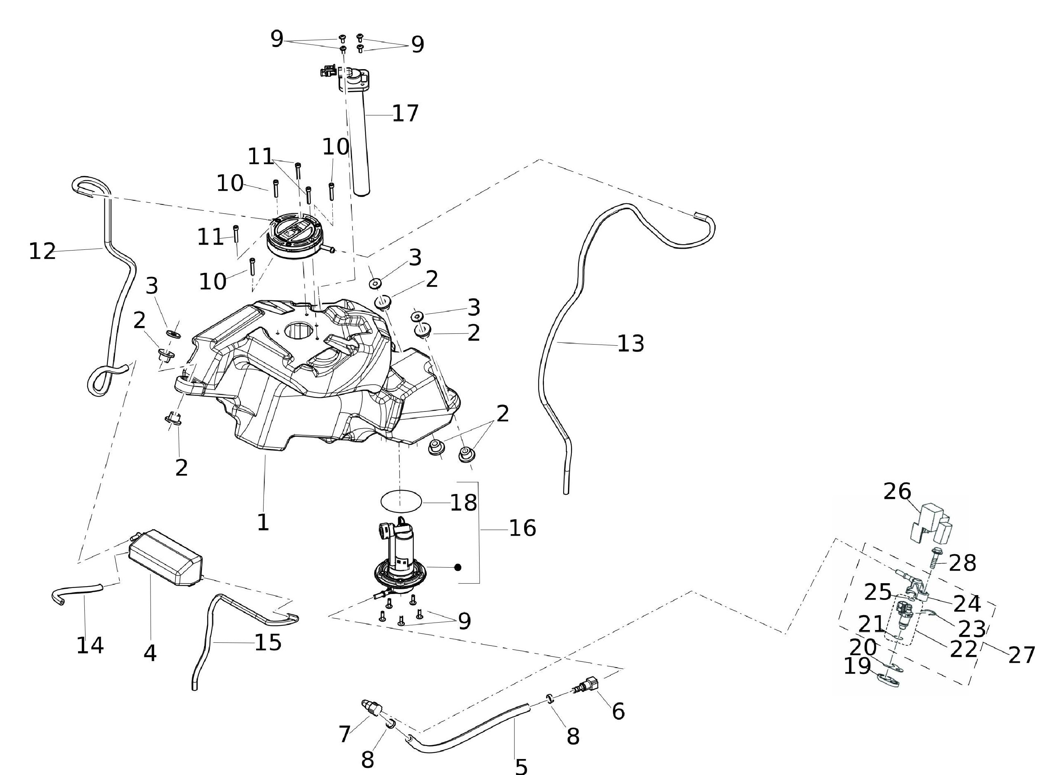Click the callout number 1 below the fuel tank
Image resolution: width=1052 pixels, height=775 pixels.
[263, 523]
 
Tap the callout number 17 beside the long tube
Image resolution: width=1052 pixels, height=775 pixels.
[405, 113]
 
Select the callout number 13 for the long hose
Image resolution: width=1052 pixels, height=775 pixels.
[630, 344]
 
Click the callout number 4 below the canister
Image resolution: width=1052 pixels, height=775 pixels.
[150, 653]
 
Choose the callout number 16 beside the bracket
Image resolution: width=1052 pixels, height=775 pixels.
[522, 529]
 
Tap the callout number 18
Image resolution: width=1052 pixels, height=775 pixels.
[463, 503]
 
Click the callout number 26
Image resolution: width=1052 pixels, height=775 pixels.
[897, 492]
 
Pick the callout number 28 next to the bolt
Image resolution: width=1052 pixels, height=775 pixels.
[962, 563]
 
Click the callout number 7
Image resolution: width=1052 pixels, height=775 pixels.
[345, 734]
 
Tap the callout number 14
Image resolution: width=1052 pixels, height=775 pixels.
[90, 646]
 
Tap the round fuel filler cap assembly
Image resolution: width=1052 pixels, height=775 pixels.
[293, 238]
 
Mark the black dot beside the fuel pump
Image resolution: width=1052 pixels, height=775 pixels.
[458, 567]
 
